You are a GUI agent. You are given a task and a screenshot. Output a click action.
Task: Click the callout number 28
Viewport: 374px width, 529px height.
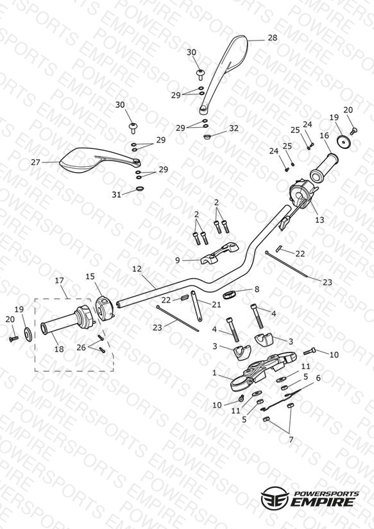[273, 38]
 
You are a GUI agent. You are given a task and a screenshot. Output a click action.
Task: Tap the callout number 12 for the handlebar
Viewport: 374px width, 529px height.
[137, 269]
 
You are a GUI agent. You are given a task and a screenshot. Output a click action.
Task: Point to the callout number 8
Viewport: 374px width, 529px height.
[257, 289]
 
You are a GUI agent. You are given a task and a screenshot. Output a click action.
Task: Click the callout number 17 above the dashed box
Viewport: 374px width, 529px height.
[60, 281]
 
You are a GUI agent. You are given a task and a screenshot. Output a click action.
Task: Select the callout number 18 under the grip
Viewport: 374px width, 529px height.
[59, 349]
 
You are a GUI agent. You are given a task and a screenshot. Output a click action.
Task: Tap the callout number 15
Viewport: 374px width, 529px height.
[90, 277]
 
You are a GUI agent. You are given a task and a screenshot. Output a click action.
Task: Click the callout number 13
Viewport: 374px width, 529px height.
[319, 220]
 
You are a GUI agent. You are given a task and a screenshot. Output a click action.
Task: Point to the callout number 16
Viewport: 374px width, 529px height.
[325, 135]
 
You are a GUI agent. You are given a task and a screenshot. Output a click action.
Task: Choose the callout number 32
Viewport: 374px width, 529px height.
[234, 128]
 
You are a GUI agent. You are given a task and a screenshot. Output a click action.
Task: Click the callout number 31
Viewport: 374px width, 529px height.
[116, 195]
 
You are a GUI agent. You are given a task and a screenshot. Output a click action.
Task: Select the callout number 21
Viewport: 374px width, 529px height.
[216, 305]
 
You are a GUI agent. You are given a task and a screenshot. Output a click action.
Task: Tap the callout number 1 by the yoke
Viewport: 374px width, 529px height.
[214, 373]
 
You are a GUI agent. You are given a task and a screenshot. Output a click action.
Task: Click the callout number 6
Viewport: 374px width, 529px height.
[318, 378]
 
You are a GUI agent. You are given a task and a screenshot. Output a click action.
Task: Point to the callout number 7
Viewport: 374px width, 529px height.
[291, 440]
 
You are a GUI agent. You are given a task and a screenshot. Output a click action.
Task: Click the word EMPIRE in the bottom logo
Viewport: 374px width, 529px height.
[323, 501]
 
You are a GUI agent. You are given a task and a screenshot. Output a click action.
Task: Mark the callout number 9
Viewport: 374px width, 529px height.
[178, 261]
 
